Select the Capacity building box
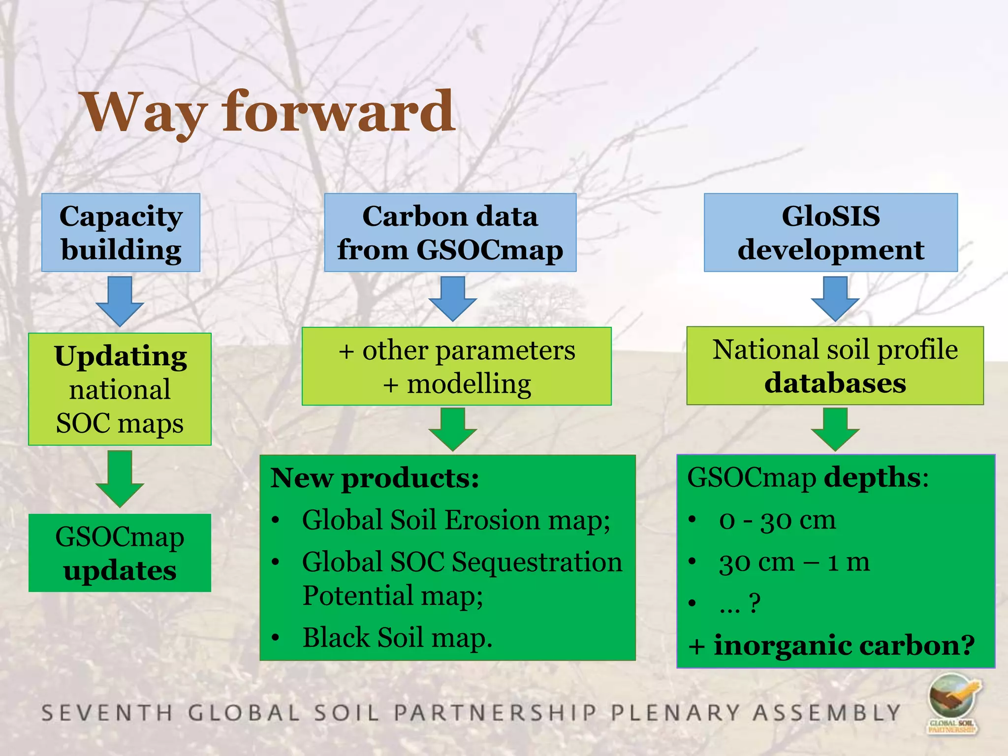click(x=121, y=232)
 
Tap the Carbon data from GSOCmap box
click(x=450, y=232)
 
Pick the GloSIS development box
click(x=830, y=232)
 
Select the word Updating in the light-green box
click(x=121, y=356)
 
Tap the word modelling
click(x=469, y=384)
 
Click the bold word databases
click(x=835, y=383)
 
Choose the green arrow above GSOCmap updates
click(x=120, y=477)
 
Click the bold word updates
click(x=120, y=571)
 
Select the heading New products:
click(x=375, y=478)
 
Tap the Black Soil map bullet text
click(x=397, y=637)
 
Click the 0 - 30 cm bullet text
click(x=777, y=520)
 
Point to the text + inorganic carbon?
click(x=831, y=645)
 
